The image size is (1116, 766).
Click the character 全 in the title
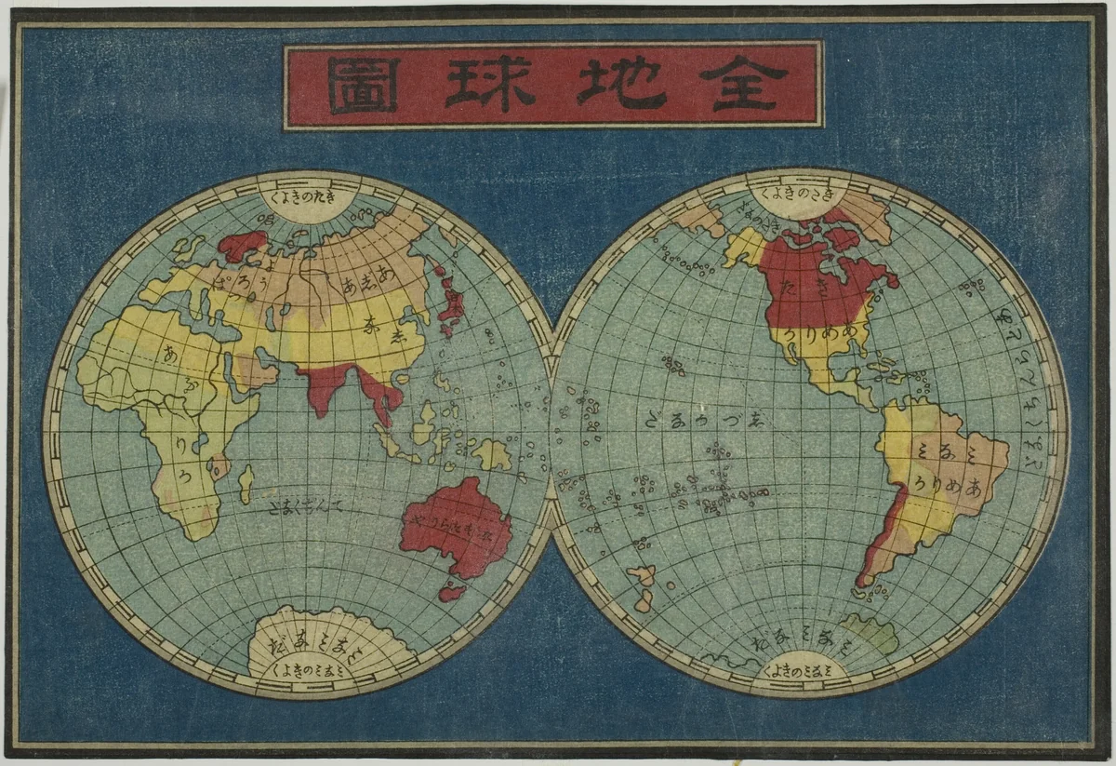point(744,84)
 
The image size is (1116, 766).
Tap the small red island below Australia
point(452,591)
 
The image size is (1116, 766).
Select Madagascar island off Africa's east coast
point(246,483)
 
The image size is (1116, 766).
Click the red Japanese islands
point(454,302)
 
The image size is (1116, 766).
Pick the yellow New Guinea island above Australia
point(492,453)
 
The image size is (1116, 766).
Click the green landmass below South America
point(870,633)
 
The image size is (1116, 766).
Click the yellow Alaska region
point(745,246)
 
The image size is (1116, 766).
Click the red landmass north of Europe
point(240,247)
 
